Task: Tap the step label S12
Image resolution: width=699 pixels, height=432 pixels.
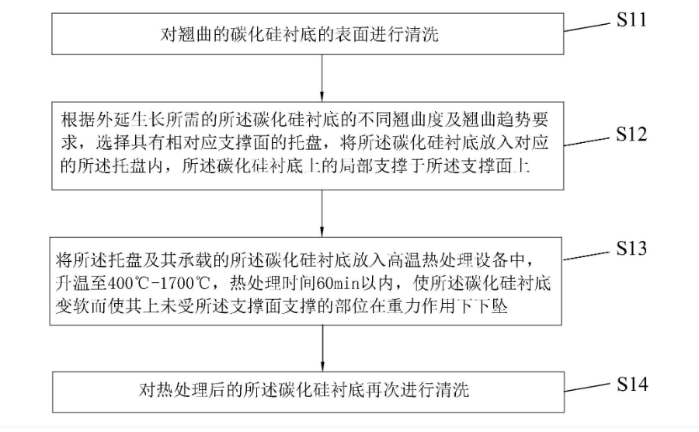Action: pyautogui.click(x=631, y=134)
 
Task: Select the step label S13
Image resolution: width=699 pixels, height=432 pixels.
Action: pyautogui.click(x=631, y=249)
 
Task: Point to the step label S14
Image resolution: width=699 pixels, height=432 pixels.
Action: pyautogui.click(x=631, y=382)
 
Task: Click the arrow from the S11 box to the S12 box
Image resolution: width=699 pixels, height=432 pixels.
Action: pyautogui.click(x=322, y=78)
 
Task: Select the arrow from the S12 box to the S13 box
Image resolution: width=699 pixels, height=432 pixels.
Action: pyautogui.click(x=322, y=212)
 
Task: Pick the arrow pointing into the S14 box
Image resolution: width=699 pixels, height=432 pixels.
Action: pyautogui.click(x=322, y=348)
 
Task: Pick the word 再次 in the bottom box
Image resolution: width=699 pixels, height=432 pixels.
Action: pyautogui.click(x=368, y=390)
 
